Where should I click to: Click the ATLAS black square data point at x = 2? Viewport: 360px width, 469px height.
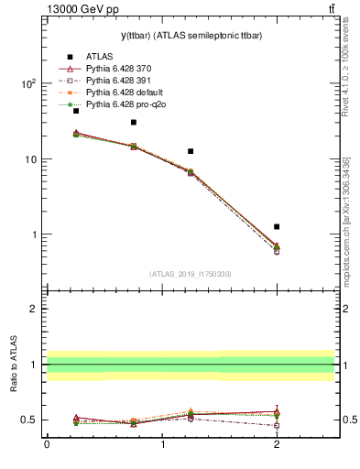click(277, 226)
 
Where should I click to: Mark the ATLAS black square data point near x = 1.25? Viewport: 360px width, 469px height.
click(191, 151)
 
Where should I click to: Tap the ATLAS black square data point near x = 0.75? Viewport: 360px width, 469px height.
click(134, 122)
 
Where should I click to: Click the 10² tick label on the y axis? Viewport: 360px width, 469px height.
click(27, 83)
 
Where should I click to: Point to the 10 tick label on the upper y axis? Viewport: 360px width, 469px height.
click(28, 159)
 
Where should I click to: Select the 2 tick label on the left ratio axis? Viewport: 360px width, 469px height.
click(31, 309)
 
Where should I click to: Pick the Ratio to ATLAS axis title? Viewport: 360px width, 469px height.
click(14, 364)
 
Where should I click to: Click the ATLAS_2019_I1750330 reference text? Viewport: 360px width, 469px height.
click(191, 274)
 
